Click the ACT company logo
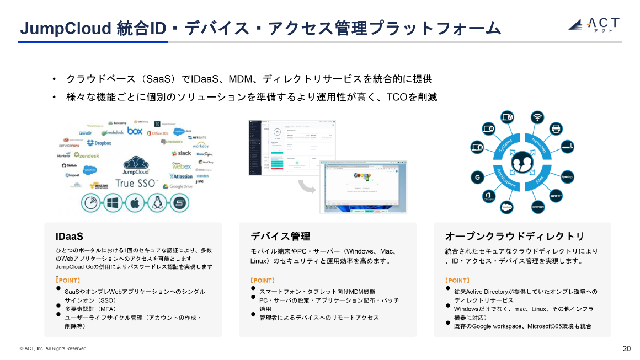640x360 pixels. [x=594, y=24]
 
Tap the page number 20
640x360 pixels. [x=626, y=348]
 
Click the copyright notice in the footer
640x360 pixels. [x=54, y=348]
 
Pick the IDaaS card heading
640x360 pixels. [x=70, y=237]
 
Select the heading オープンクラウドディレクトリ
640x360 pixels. [x=514, y=237]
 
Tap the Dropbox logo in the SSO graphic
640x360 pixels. [x=99, y=143]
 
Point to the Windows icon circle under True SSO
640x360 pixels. [x=113, y=203]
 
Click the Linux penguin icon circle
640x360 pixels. [x=157, y=203]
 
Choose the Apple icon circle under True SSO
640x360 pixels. [x=135, y=203]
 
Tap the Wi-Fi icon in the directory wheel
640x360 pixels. [x=536, y=117]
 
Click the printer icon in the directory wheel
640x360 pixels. [x=556, y=128]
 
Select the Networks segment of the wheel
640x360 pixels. [x=537, y=143]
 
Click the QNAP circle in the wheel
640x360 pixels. [x=556, y=195]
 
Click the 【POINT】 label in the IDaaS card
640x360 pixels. [x=68, y=281]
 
